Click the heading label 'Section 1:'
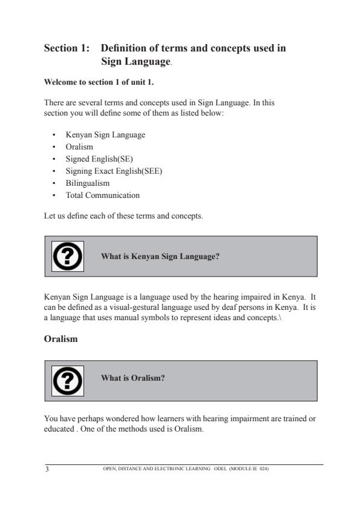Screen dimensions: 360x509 tap(67, 48)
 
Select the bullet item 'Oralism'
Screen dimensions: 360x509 tap(79, 146)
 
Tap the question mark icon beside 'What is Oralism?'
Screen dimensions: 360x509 tap(67, 380)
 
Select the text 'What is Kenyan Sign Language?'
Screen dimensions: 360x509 tap(160, 257)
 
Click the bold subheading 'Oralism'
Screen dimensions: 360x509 tap(61, 340)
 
